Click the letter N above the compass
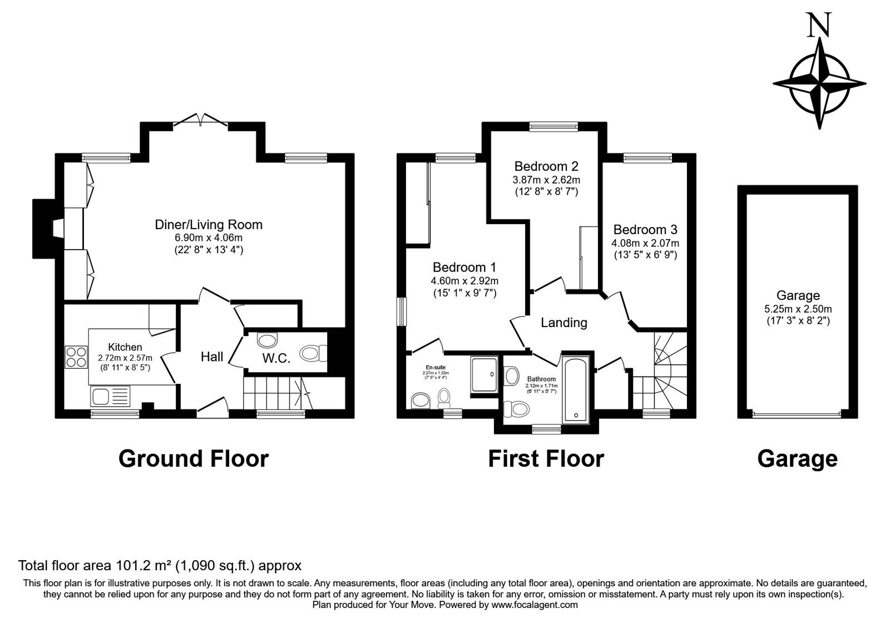pyautogui.click(x=819, y=26)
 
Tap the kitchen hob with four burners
pyautogui.click(x=76, y=357)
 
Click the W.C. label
pyautogui.click(x=276, y=359)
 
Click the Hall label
pyautogui.click(x=212, y=357)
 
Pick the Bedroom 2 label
pyautogui.click(x=546, y=166)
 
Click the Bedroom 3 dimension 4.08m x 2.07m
pyautogui.click(x=645, y=243)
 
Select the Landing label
pyautogui.click(x=564, y=323)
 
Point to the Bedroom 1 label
pyautogui.click(x=464, y=267)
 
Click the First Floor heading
pyautogui.click(x=546, y=459)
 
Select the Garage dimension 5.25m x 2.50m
pyautogui.click(x=798, y=309)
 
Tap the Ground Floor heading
pyautogui.click(x=194, y=459)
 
